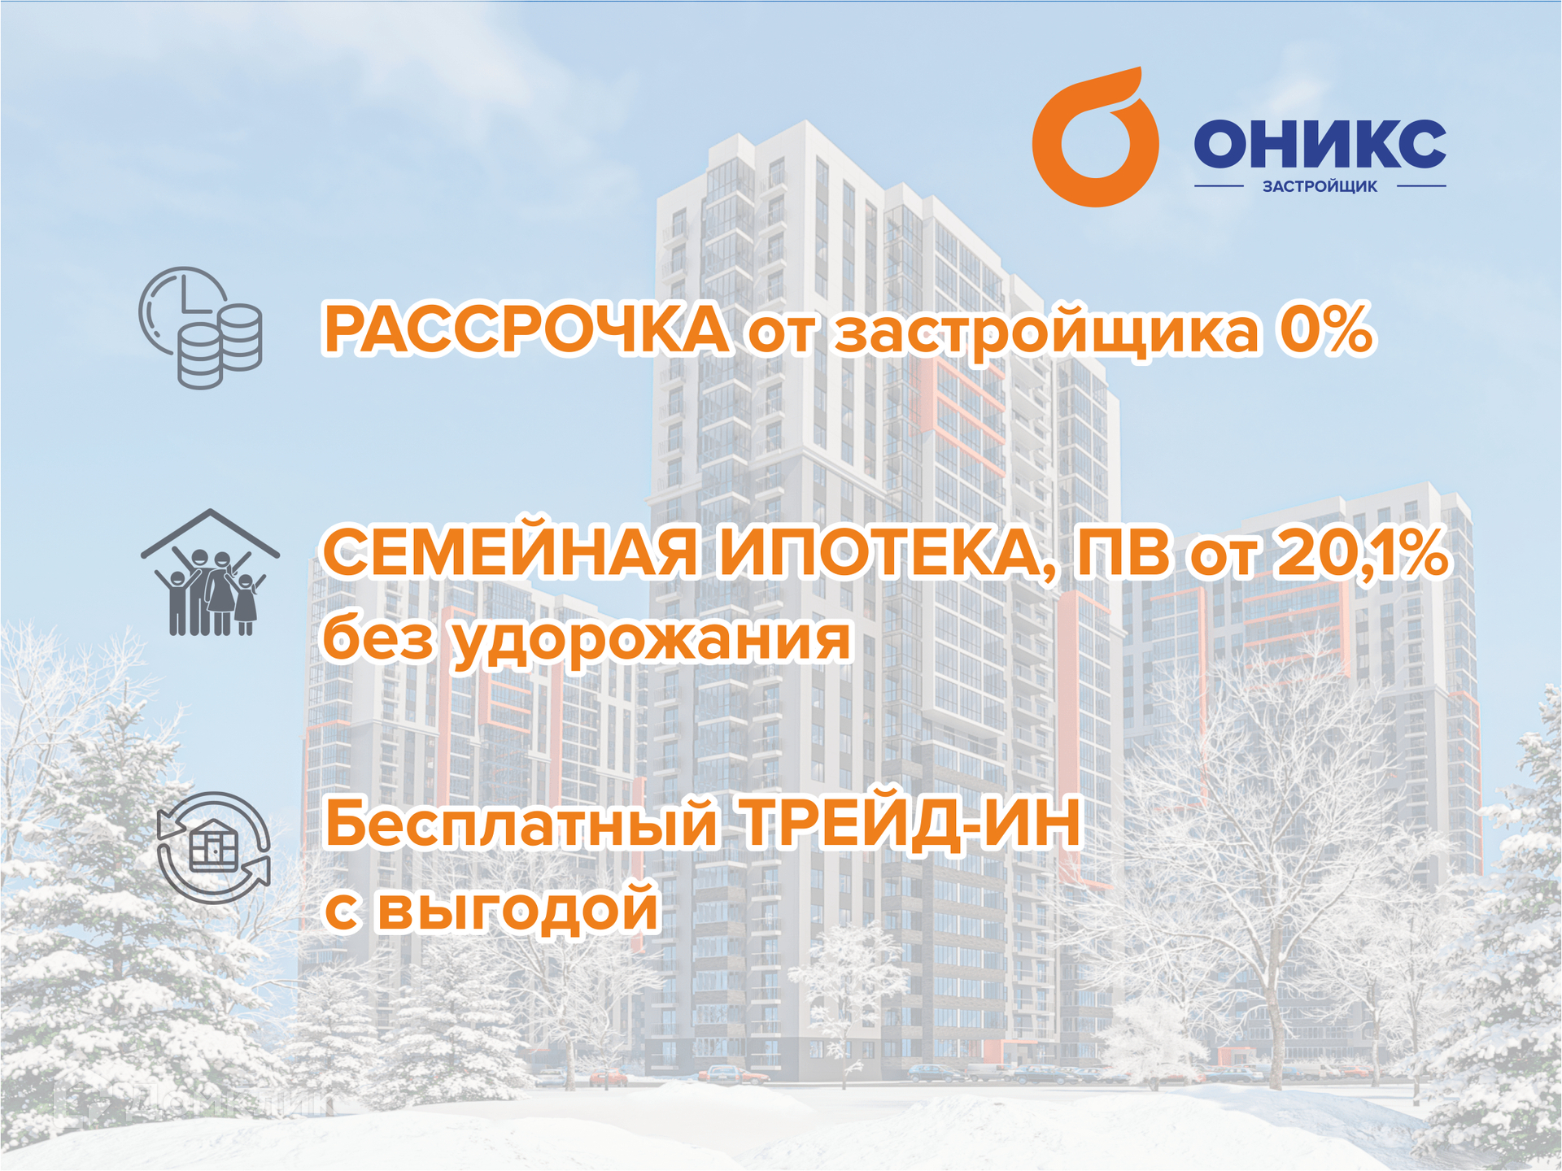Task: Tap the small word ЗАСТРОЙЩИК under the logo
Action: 1320,186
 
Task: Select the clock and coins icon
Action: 200,327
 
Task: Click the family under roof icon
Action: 210,572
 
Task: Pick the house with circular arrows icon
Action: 213,847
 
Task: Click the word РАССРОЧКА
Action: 526,330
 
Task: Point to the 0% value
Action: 1326,330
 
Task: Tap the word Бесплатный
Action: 521,823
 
